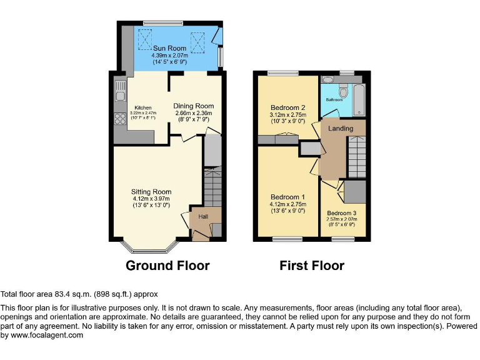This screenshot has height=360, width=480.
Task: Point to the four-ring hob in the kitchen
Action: [119, 118]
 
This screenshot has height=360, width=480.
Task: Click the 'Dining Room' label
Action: [194, 106]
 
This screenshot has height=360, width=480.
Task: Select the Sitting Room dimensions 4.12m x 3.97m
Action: [151, 199]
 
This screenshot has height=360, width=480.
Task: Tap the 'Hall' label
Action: [203, 216]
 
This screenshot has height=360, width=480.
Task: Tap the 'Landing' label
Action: [341, 129]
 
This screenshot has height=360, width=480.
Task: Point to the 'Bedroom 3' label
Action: [342, 213]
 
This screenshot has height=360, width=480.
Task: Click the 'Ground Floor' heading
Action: [167, 266]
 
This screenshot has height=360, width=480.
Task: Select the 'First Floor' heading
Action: [311, 266]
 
